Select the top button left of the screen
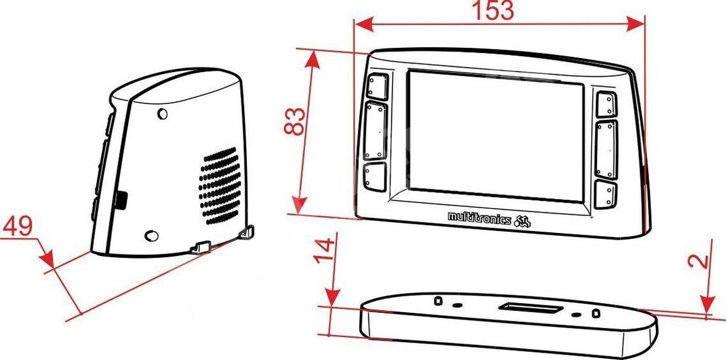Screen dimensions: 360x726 378,87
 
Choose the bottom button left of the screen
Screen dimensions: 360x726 375,177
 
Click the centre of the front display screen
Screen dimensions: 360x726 495,137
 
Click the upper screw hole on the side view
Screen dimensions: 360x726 162,114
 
